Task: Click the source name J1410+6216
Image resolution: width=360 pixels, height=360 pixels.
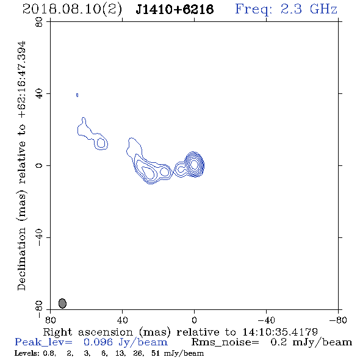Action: coord(175,9)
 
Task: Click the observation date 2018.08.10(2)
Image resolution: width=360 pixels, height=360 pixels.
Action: coord(72,10)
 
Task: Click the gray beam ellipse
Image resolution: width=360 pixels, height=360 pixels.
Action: coord(62,303)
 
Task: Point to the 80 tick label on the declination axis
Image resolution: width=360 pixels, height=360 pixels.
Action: coord(39,22)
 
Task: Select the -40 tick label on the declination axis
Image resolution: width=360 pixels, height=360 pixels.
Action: coord(39,237)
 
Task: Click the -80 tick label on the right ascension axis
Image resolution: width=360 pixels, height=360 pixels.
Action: coord(338,320)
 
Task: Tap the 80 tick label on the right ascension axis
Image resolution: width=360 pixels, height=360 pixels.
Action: coord(50,320)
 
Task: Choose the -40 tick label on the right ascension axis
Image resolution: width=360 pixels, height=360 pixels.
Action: coord(266,320)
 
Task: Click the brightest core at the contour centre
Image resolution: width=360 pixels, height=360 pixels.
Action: coord(194,164)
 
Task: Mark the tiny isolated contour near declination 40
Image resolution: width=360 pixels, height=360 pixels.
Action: coord(77,95)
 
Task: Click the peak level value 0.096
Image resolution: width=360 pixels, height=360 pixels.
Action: coord(98,342)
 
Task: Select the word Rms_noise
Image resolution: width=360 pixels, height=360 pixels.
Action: coord(225,342)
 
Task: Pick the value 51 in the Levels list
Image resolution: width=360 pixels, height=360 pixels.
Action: coord(156,353)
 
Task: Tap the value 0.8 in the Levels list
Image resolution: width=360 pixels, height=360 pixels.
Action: coord(49,353)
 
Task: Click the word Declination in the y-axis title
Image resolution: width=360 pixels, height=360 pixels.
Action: coord(21,259)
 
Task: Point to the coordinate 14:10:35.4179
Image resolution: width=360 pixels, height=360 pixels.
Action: coord(280,332)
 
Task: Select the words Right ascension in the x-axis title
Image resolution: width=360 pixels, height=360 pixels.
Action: coord(88,332)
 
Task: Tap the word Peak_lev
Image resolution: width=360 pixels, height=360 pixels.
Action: coord(43,342)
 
